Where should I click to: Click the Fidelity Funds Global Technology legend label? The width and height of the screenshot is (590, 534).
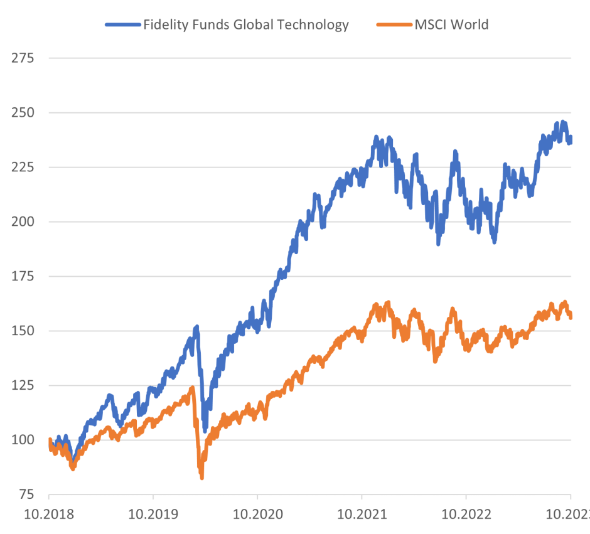coord(245,25)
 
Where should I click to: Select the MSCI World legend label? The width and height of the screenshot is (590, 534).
coord(451,25)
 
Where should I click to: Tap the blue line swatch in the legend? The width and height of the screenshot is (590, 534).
coord(122,25)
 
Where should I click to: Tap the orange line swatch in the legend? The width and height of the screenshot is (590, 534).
coord(394,25)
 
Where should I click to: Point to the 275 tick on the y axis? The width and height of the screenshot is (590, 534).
coord(23,58)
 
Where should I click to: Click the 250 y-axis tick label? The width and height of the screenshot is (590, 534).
coord(23,113)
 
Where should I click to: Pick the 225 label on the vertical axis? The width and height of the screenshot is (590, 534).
coord(23,168)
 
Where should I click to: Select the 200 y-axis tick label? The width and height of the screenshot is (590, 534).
coord(23,222)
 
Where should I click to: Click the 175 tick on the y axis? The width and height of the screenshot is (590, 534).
coord(23,277)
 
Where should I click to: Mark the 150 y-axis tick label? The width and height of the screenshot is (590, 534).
coord(23,331)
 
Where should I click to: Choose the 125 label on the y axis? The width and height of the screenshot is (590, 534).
coord(23,385)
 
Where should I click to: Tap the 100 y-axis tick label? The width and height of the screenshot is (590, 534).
coord(23,440)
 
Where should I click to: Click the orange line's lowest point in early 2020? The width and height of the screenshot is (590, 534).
coord(201,478)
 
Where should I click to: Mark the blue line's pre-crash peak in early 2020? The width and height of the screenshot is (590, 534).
coord(196,327)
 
